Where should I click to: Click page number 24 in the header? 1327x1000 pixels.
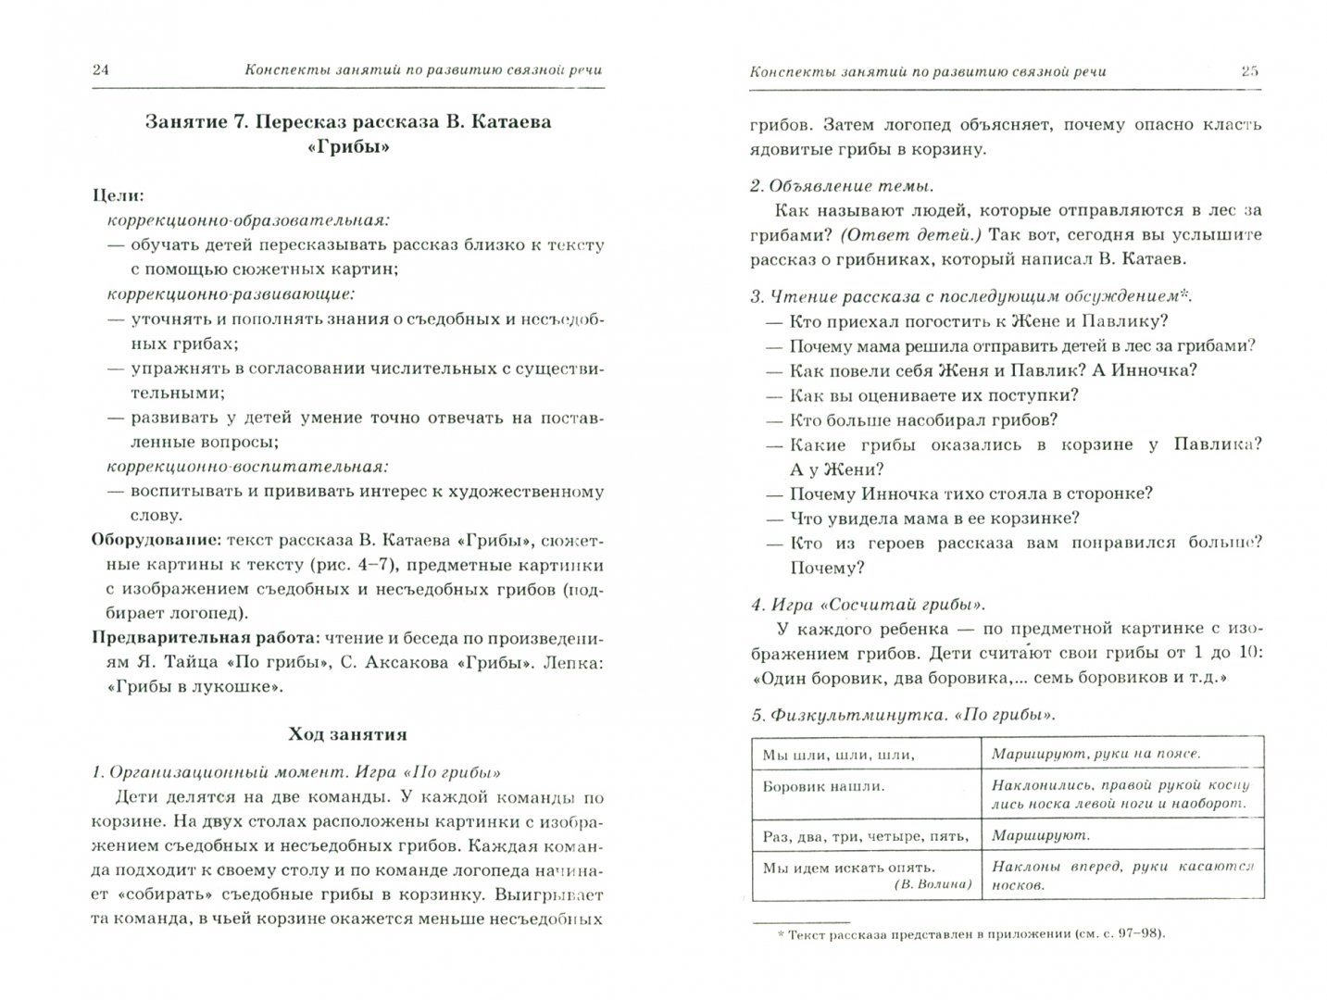(x=101, y=70)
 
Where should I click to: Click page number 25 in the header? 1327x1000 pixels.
(x=1249, y=70)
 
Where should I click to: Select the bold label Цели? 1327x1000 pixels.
(x=118, y=196)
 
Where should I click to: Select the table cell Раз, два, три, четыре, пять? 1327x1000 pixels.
(x=865, y=836)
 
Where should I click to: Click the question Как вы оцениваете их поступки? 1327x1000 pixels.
(x=933, y=395)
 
